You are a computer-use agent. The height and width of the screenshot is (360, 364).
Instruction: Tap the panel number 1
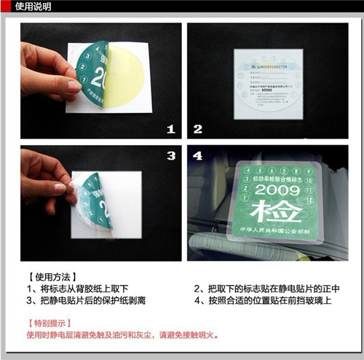(x=171, y=130)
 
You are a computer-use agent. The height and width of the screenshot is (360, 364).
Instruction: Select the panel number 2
(x=197, y=130)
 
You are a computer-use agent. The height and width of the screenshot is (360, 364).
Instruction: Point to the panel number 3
(x=171, y=156)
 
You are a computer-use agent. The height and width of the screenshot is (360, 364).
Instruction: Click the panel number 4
(x=197, y=156)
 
